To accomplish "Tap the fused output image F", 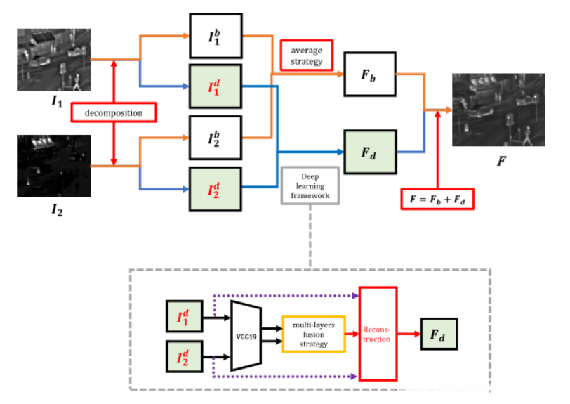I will (x=498, y=109).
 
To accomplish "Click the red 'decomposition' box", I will (x=113, y=112).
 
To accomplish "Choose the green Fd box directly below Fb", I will (x=369, y=152).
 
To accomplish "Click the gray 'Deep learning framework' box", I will (x=309, y=185).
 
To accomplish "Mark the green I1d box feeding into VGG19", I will (x=184, y=318).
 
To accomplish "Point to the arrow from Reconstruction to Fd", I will (x=409, y=334).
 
